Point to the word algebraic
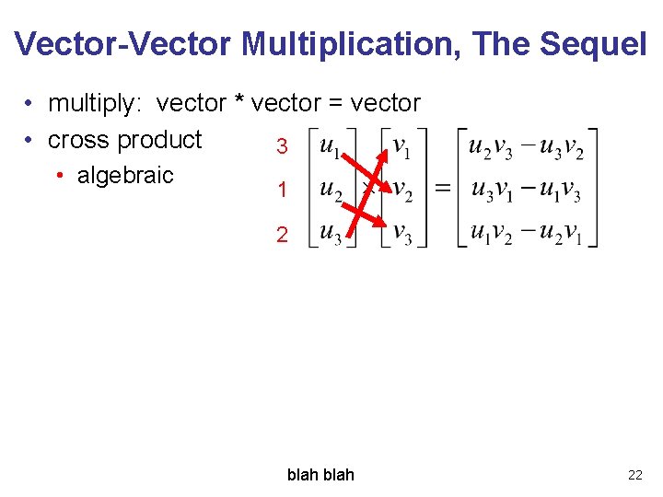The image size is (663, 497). pyautogui.click(x=125, y=175)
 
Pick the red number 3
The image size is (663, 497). pyautogui.click(x=283, y=147)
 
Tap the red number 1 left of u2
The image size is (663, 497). pyautogui.click(x=283, y=191)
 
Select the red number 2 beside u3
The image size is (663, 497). pyautogui.click(x=283, y=235)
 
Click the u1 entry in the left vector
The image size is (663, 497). pyautogui.click(x=330, y=146)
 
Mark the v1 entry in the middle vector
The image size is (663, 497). pyautogui.click(x=402, y=146)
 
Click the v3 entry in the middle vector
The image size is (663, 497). pyautogui.click(x=402, y=233)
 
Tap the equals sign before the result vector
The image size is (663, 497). pyautogui.click(x=443, y=188)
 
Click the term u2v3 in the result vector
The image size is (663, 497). pyautogui.click(x=490, y=146)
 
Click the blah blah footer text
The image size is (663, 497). pyautogui.click(x=320, y=475)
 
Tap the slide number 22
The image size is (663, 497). pyautogui.click(x=634, y=475)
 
